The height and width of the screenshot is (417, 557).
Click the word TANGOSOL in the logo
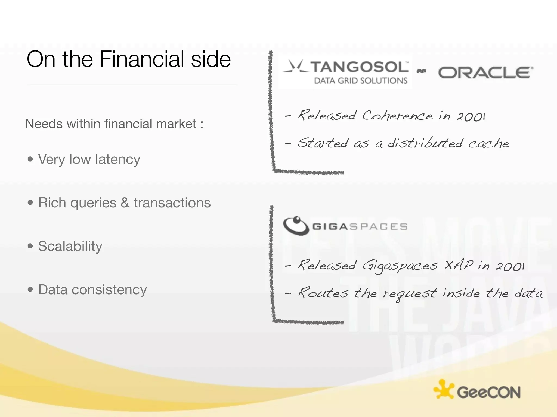360,67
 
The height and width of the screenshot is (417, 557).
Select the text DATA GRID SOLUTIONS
361,81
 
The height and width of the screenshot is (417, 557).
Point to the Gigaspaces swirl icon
296,226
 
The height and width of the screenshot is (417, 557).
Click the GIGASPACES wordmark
360,226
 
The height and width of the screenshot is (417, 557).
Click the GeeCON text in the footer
489,392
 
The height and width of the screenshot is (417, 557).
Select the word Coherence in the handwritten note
397,116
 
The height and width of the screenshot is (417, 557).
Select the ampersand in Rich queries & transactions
125,203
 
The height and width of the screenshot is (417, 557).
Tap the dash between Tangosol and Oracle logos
422,71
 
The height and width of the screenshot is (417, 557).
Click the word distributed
425,143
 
